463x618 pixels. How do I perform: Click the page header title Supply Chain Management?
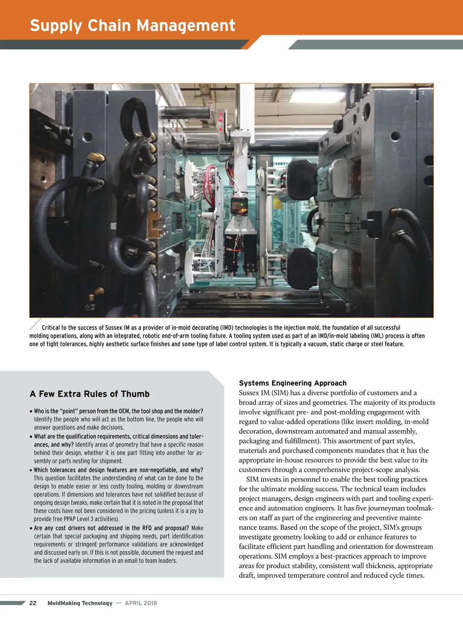[132, 25]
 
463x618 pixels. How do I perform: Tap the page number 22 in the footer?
[33, 603]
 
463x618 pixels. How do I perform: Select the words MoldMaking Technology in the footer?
[80, 603]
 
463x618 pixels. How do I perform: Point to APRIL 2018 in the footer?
[141, 603]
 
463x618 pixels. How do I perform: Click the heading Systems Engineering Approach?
[292, 383]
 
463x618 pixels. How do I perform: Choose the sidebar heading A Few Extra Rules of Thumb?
[90, 394]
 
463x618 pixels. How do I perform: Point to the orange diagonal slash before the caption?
[35, 324]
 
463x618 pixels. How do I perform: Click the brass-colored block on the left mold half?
[156, 224]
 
